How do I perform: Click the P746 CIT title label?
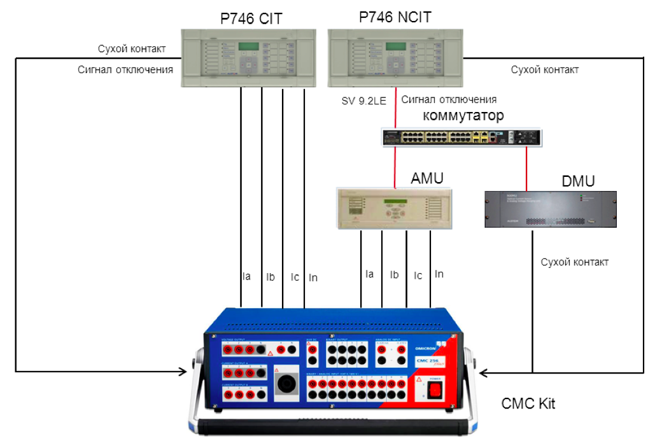tap(251, 18)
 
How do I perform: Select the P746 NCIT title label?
tap(395, 17)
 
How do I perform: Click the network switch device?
tap(462, 137)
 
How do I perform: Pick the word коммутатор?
tap(463, 116)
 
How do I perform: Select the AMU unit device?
tap(395, 209)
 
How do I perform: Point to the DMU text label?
tap(578, 181)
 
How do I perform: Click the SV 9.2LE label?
tap(368, 100)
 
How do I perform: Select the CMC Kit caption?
tap(528, 404)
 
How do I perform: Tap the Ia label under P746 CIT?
tap(246, 276)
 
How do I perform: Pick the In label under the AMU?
tap(439, 274)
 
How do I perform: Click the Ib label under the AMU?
tap(395, 274)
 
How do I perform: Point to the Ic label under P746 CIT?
tap(295, 277)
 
